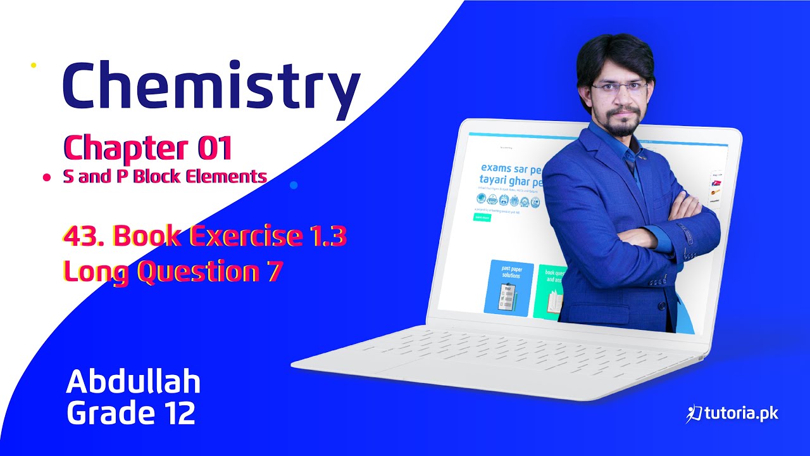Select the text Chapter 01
pos(147,149)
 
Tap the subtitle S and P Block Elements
pos(165,177)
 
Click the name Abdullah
pos(133,382)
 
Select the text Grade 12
pos(130,414)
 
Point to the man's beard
pos(621,126)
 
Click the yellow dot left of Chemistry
pos(34,65)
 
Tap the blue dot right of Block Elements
pos(293,185)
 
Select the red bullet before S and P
pos(46,179)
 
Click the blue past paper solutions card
pos(508,288)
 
